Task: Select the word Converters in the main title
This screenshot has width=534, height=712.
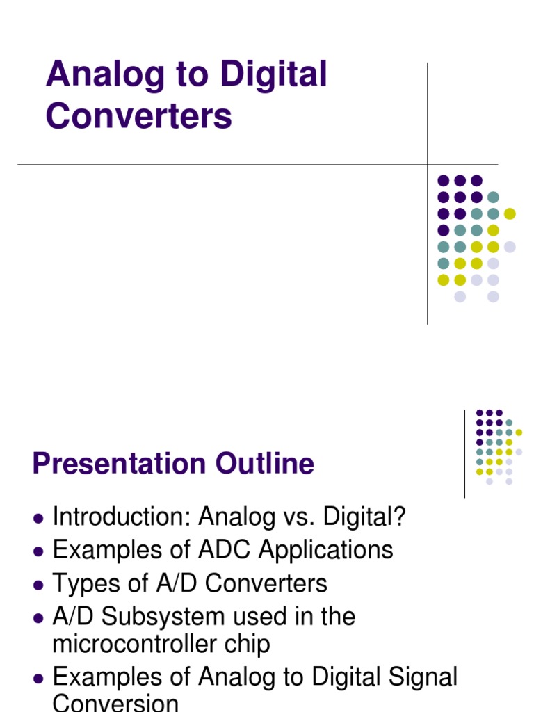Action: tap(139, 115)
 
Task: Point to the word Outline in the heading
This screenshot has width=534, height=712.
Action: tap(264, 464)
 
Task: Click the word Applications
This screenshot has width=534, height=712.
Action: tap(326, 550)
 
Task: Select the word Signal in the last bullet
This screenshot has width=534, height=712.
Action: tap(423, 677)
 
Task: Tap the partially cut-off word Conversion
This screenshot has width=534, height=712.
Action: tap(115, 703)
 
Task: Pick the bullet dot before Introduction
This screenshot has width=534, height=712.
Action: tap(38, 519)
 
